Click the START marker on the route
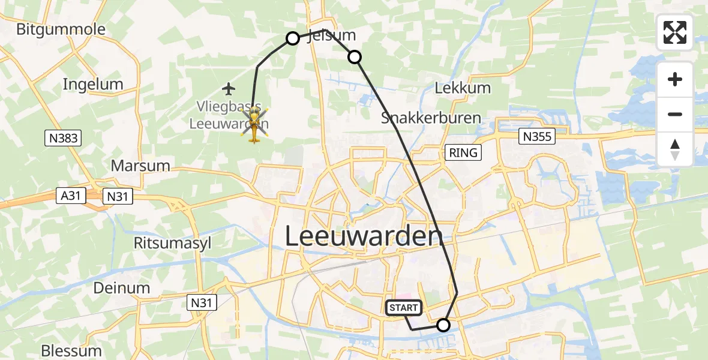tap(404, 308)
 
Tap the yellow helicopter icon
tap(254, 125)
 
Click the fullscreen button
tap(675, 32)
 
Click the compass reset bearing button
tap(675, 149)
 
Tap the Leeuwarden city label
tap(364, 236)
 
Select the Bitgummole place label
tap(61, 29)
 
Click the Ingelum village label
tap(93, 85)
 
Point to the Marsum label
tap(140, 166)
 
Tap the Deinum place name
tap(122, 288)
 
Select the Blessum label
tap(71, 350)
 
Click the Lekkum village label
tap(463, 88)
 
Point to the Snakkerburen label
tap(431, 118)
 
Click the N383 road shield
tap(62, 139)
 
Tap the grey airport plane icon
tap(229, 89)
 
